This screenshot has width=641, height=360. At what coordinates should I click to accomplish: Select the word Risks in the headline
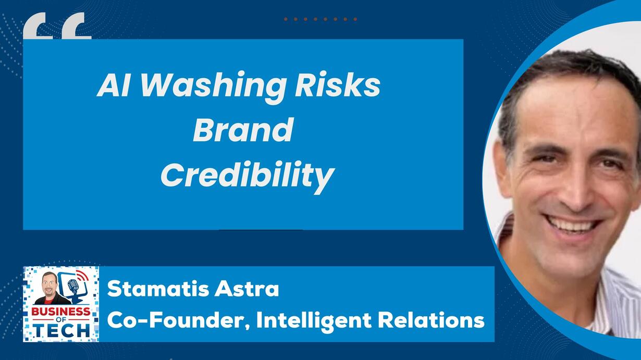tap(338, 85)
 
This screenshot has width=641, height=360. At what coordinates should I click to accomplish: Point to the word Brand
tap(243, 130)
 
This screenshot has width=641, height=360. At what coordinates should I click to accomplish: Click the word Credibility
tap(248, 176)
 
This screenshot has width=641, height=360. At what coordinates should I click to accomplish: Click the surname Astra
tap(246, 289)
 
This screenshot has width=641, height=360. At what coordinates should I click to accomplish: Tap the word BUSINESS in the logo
tap(61, 312)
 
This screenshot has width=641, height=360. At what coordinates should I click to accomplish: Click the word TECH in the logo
tap(63, 331)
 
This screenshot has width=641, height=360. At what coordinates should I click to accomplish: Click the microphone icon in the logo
tap(72, 287)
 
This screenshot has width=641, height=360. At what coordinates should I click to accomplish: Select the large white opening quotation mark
tap(57, 26)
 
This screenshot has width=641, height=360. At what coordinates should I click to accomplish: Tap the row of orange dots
tap(320, 19)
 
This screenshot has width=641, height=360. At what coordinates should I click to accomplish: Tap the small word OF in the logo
tap(61, 320)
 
